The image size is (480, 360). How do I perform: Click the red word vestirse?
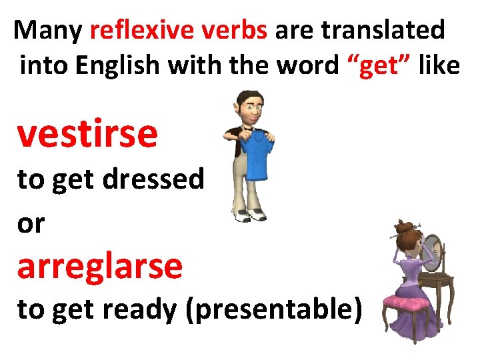pyautogui.click(x=87, y=134)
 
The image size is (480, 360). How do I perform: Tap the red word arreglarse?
pyautogui.click(x=99, y=266)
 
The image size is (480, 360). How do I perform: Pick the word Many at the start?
pyautogui.click(x=48, y=31)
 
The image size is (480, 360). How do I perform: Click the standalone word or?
pyautogui.click(x=31, y=224)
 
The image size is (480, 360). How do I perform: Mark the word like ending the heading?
pyautogui.click(x=439, y=65)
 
